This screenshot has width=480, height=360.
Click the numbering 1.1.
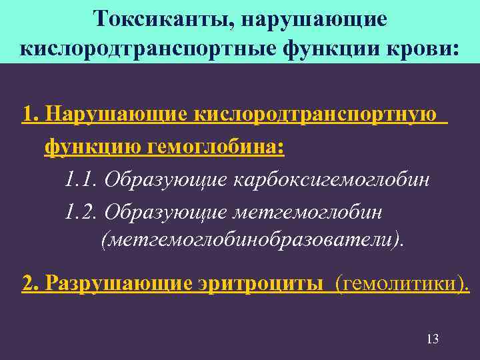pyautogui.click(x=81, y=179)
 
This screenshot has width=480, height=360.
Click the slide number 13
pyautogui.click(x=432, y=339)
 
